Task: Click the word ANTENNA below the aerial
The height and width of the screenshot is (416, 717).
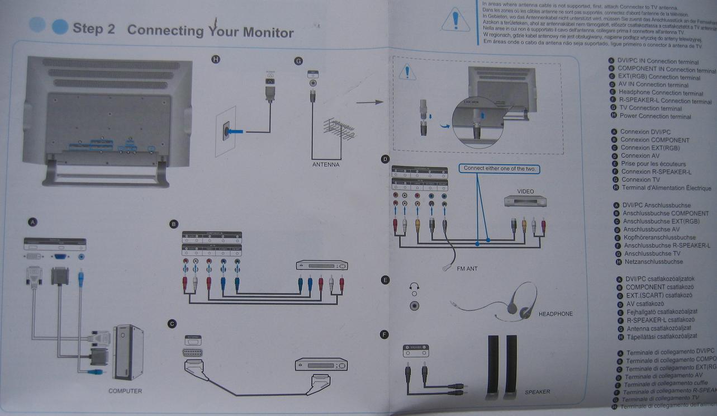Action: tap(326, 165)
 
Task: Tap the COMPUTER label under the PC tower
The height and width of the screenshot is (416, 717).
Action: tap(125, 391)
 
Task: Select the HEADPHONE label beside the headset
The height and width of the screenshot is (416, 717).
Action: tap(555, 314)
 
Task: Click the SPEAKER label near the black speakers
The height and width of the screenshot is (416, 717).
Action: tap(537, 392)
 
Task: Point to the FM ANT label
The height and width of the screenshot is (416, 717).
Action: tap(467, 269)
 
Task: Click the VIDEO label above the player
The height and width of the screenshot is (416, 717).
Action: tap(525, 191)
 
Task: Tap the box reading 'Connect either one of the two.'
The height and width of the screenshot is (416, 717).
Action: tap(500, 168)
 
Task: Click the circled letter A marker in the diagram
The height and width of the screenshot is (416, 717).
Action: tap(33, 223)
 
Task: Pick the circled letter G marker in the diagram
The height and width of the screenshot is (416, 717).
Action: tap(298, 61)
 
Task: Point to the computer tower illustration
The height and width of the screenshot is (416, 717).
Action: tap(128, 351)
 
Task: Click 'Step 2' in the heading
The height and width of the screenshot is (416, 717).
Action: tap(93, 29)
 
